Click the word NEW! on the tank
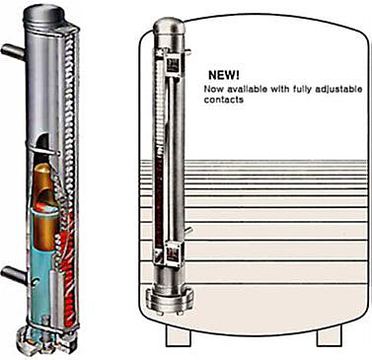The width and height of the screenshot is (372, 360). point(224,75)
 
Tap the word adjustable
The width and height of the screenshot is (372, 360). point(342,90)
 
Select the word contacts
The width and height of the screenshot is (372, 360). point(224,100)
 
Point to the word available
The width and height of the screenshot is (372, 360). point(248,89)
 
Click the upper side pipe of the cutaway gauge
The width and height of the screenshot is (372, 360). point(13,51)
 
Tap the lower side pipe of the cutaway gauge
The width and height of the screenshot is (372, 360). point(13,274)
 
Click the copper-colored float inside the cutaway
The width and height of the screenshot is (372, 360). point(47,205)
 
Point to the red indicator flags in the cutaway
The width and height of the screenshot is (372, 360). point(70,263)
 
